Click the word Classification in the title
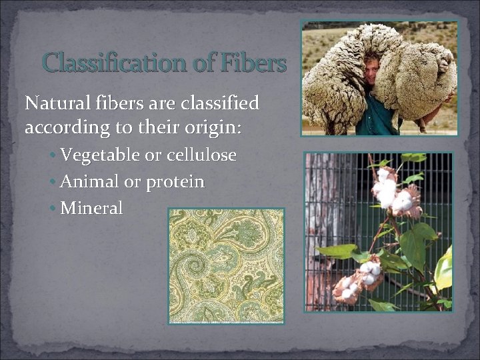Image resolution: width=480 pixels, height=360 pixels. point(113,63)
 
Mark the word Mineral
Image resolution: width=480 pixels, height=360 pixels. point(91,209)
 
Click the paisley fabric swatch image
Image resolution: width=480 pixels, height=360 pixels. point(227,266)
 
